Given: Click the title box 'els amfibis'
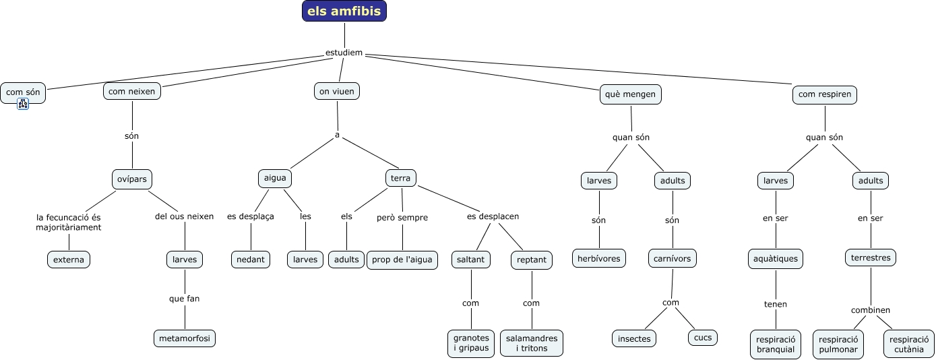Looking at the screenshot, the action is tap(344, 11).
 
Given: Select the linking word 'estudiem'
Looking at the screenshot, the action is tap(344, 53).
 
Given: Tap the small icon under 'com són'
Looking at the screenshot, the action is tap(23, 104).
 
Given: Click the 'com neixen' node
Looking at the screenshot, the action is tap(132, 91).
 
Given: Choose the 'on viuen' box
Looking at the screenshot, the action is tap(337, 91).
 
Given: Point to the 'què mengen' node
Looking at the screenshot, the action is tap(631, 94).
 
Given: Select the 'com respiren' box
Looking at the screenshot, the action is tap(825, 94).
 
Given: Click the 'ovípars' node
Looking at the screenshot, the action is tap(132, 179).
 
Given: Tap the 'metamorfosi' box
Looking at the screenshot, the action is tap(185, 338).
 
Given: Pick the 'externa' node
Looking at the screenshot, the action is tap(69, 260).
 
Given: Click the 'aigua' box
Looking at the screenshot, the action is tap(275, 178).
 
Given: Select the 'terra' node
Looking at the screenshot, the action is tap(401, 178).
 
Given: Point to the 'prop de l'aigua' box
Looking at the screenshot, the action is tap(402, 260).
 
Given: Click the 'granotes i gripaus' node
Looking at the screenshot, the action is tap(471, 343).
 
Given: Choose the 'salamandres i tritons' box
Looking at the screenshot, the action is tap(532, 343).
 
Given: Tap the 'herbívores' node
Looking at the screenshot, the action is tap(599, 258).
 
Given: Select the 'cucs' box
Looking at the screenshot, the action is tap(703, 338).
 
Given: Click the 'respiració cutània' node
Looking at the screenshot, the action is tap(909, 344).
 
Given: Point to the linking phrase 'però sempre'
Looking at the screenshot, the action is tap(402, 218).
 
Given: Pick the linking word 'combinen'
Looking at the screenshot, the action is tap(871, 310).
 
